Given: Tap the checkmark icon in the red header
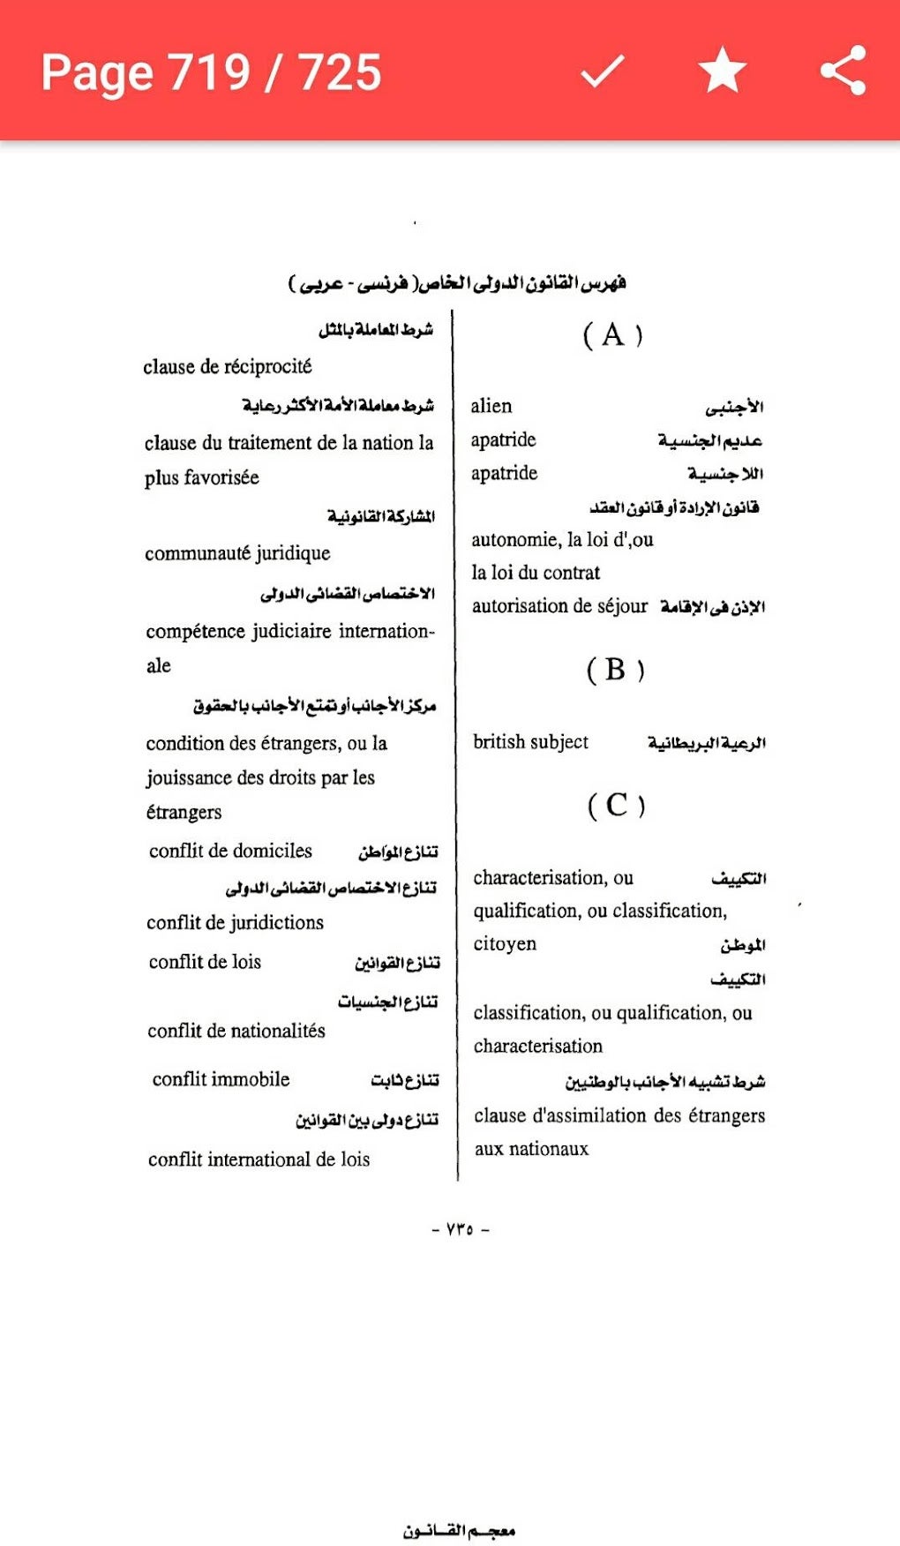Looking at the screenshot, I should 603,71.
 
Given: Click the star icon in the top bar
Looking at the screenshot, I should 723,71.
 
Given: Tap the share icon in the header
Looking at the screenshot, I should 843,71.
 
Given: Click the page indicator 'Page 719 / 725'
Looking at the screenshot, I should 211,72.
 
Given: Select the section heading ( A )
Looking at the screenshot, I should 613,335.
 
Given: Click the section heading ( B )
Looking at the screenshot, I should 615,670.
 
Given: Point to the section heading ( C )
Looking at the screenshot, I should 616,805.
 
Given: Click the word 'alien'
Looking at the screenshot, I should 491,406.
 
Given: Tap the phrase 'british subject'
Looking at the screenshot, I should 530,742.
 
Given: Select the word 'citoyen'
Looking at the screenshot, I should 505,944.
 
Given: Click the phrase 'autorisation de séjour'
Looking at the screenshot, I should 559,606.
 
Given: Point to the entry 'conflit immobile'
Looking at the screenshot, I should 221,1079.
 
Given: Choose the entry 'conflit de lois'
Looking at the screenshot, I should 205,962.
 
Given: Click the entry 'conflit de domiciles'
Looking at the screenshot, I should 230,851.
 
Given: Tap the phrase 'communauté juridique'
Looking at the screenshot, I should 237,553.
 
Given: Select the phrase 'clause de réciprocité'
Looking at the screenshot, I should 228,366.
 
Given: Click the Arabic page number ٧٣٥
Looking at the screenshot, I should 460,1229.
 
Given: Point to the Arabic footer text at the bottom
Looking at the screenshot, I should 459,1531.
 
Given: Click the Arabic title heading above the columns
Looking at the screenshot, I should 457,283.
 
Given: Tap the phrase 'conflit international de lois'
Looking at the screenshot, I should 259,1159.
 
